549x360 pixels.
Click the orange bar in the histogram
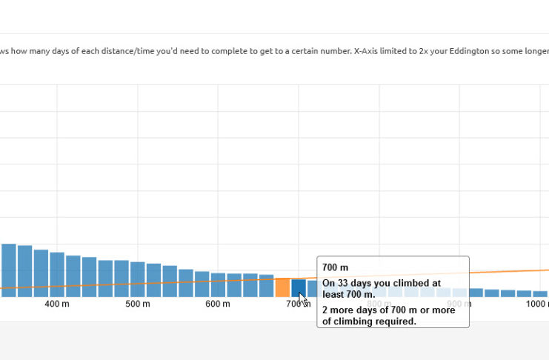point(282,287)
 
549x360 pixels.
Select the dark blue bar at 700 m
point(298,287)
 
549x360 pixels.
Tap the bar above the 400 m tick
point(57,275)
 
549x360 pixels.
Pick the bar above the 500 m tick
point(137,279)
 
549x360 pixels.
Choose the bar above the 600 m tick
point(218,285)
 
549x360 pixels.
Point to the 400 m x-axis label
point(57,304)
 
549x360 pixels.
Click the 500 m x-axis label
point(137,304)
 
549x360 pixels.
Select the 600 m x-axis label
point(218,304)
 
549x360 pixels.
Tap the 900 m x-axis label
point(459,304)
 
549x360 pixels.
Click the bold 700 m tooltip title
point(335,267)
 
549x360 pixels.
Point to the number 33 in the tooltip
point(342,283)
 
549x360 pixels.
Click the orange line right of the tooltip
point(511,272)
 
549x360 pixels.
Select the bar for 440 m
point(89,277)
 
